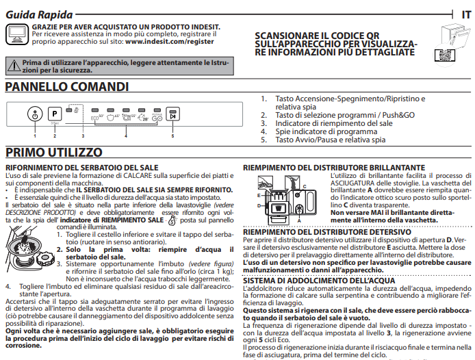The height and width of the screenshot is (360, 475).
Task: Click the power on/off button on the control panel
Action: [x=34, y=114]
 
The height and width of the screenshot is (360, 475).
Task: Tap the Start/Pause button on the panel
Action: [x=172, y=115]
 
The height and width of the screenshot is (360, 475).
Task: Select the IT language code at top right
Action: [x=465, y=14]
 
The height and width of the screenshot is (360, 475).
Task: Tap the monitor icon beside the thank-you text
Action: [x=17, y=33]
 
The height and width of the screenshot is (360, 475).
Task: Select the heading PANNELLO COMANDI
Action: [x=67, y=87]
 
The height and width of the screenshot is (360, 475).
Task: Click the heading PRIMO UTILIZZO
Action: [x=54, y=152]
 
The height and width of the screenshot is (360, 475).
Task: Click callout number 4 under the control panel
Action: [x=126, y=136]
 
